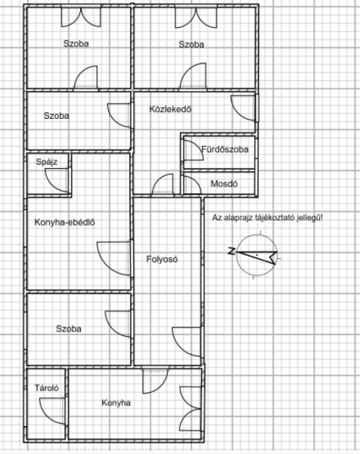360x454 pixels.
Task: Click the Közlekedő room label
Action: click(x=170, y=109)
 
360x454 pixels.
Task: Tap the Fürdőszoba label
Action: click(x=225, y=149)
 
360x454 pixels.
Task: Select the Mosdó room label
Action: click(x=224, y=184)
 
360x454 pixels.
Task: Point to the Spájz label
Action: click(x=47, y=162)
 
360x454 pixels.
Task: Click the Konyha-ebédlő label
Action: click(x=64, y=222)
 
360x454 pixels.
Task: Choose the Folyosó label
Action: click(x=162, y=259)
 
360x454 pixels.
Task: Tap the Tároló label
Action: click(x=47, y=387)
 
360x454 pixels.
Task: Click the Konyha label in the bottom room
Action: click(x=116, y=403)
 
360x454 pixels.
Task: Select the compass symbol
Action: click(x=256, y=254)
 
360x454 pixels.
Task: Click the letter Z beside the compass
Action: click(x=231, y=251)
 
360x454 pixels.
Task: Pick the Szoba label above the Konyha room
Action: click(x=69, y=328)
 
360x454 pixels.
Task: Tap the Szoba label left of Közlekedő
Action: click(x=56, y=116)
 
